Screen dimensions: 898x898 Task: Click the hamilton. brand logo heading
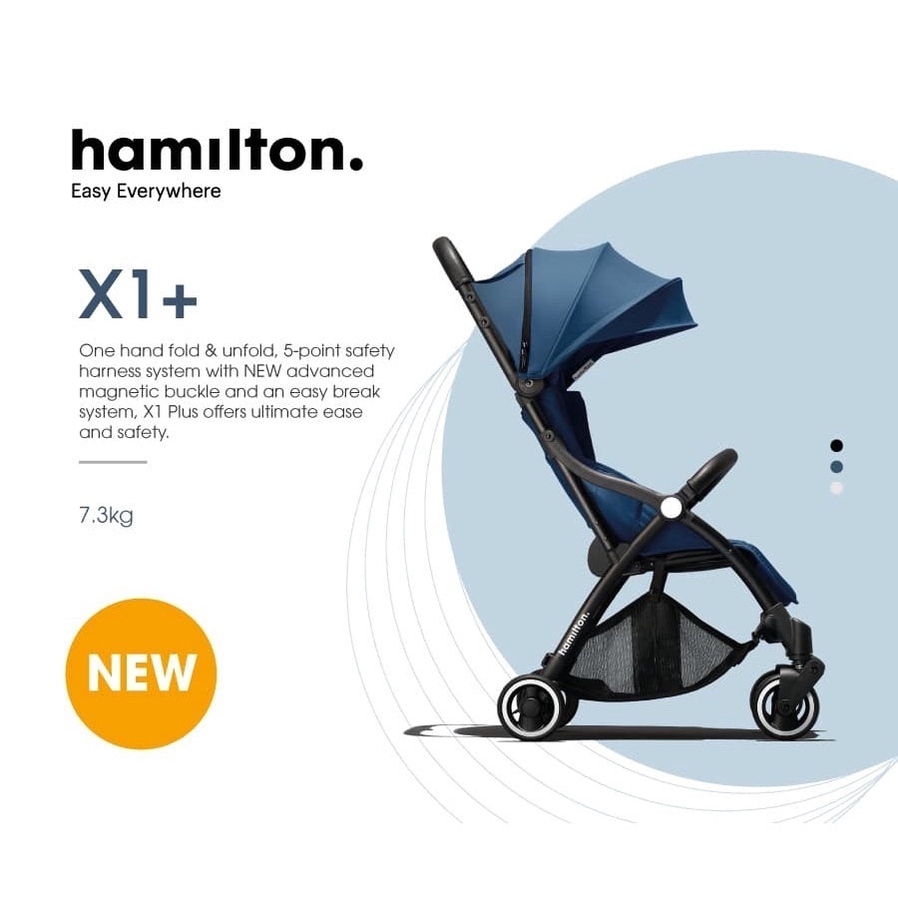click(218, 150)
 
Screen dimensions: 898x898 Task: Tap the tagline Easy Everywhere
click(146, 192)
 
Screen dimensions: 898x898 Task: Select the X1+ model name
click(138, 293)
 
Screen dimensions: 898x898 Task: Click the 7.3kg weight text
click(106, 516)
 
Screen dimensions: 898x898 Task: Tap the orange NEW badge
click(142, 673)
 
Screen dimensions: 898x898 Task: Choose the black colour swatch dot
click(837, 446)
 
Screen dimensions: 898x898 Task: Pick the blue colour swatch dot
click(837, 467)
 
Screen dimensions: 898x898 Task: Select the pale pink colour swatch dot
click(837, 488)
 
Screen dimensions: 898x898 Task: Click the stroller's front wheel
click(784, 706)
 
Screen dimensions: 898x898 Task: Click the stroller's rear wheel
click(531, 706)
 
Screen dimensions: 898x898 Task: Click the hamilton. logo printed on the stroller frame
click(574, 633)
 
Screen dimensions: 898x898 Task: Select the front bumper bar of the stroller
click(711, 471)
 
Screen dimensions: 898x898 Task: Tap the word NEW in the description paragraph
click(262, 371)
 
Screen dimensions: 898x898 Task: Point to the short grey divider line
click(113, 462)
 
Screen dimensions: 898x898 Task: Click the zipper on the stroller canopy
click(526, 312)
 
